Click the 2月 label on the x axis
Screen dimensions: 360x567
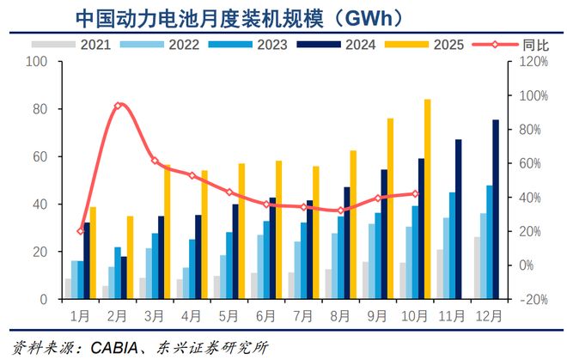tap(119, 314)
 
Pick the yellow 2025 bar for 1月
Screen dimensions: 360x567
tap(93, 253)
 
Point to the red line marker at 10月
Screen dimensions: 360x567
tap(416, 194)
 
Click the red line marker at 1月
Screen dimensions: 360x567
tap(81, 231)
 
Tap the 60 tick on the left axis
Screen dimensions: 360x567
tap(39, 157)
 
